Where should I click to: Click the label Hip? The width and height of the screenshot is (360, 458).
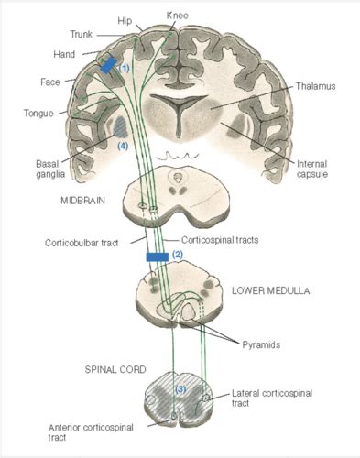click(125, 19)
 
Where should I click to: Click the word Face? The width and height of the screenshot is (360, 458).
click(51, 82)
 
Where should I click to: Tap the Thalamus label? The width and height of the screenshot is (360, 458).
click(315, 86)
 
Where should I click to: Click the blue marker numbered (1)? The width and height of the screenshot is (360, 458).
click(108, 66)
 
